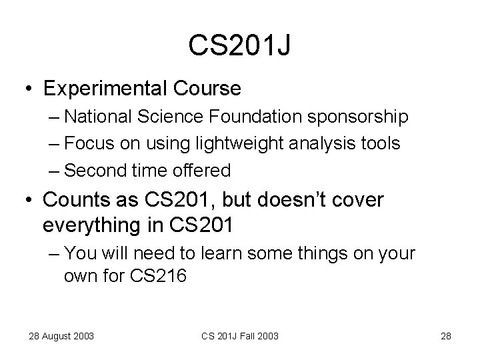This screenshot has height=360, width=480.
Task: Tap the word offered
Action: [x=200, y=171]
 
